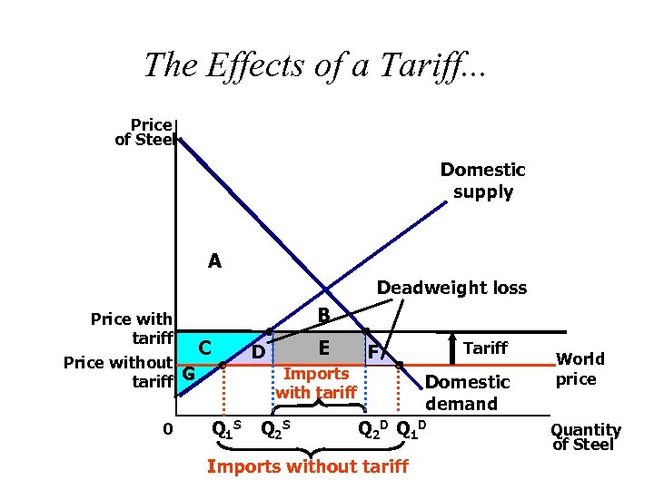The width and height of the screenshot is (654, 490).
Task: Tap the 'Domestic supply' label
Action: [x=482, y=181]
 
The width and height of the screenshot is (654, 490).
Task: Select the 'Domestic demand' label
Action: [x=468, y=393]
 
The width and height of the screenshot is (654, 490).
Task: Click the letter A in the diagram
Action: [x=214, y=261]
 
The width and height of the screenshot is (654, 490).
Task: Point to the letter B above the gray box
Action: [x=322, y=316]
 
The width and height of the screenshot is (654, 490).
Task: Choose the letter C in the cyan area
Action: [x=206, y=347]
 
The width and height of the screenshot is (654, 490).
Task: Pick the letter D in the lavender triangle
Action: [x=258, y=351]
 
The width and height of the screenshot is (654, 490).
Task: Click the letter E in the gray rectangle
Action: [x=323, y=347]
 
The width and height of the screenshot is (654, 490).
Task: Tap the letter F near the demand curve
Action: [x=372, y=351]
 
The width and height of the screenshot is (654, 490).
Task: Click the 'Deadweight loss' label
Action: [x=451, y=288]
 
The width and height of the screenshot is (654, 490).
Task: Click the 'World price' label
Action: [x=578, y=369]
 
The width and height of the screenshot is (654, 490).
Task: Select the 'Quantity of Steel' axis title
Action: [x=586, y=436]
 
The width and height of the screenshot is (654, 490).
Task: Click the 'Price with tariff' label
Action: [x=132, y=328]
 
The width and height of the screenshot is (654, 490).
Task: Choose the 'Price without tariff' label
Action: [x=118, y=372]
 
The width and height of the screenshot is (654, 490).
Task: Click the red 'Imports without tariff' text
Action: [x=307, y=466]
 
